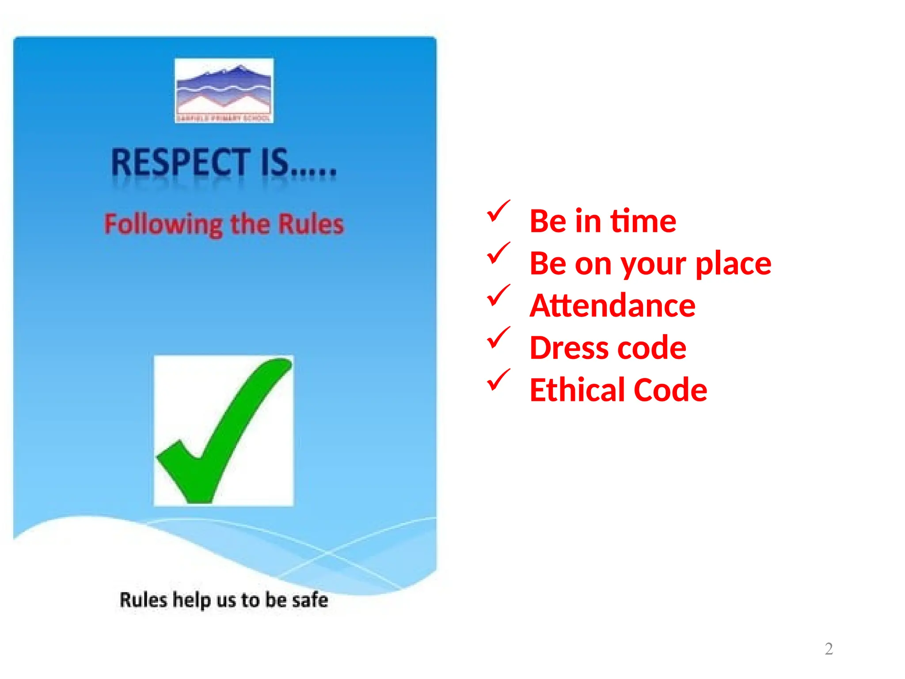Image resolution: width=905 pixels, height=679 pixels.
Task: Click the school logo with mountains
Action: click(224, 91)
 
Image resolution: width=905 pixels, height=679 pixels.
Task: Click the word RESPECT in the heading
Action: click(180, 162)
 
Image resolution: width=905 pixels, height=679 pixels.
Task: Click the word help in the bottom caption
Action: click(191, 600)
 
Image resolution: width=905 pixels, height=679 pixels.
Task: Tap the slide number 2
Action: click(829, 648)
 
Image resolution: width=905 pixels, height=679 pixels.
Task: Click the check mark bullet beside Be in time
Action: click(498, 211)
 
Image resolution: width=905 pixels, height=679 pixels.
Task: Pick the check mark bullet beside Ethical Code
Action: click(498, 380)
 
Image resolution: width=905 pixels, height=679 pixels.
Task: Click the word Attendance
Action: click(612, 305)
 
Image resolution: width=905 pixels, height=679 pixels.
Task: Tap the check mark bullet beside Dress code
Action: click(498, 338)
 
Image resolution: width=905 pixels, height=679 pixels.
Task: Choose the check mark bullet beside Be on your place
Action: click(498, 254)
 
